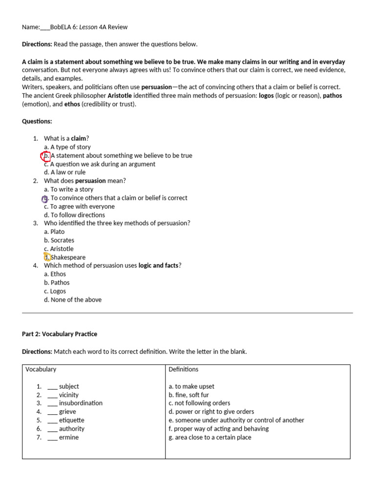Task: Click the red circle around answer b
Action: coord(46,156)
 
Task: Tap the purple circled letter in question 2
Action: coord(45,198)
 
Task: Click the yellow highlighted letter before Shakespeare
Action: coord(47,257)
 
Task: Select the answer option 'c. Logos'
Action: coord(55,291)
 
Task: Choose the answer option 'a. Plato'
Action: coord(54,232)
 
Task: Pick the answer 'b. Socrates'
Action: coord(59,240)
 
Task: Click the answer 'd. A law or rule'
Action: coord(64,173)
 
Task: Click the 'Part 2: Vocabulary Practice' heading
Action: coord(60,334)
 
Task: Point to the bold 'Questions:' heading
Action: coord(37,121)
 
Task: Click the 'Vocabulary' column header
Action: coord(41,369)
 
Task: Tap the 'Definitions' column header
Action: coord(184,369)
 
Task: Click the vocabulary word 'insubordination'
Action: coord(81,403)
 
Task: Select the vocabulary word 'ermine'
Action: coord(68,438)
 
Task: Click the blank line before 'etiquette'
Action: coord(52,421)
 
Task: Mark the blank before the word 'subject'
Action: coord(52,386)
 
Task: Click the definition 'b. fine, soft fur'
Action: coord(188,395)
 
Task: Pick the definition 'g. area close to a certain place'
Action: coord(210,438)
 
